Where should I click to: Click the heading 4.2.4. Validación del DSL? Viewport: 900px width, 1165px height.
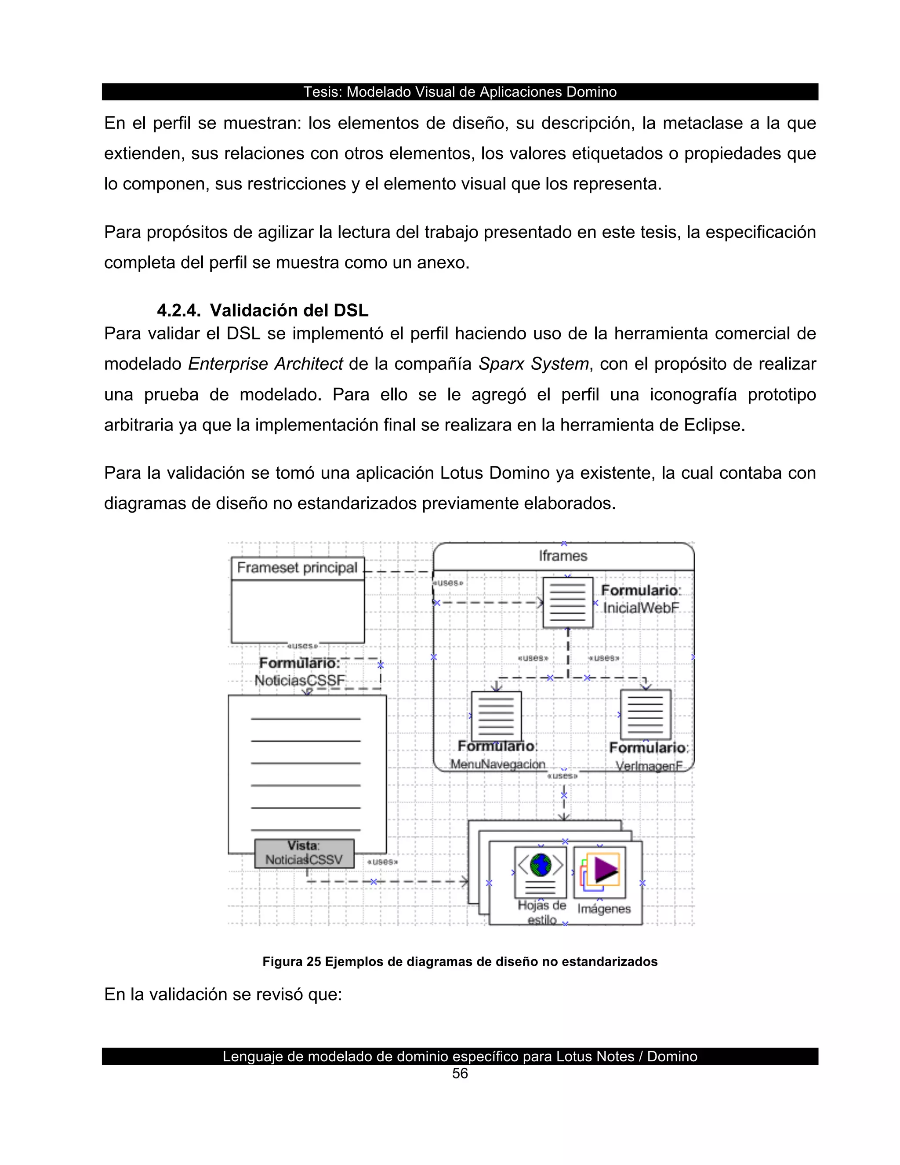(262, 310)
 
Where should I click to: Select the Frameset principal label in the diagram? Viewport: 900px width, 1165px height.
(297, 568)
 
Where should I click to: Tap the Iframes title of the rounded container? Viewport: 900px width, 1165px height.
(563, 556)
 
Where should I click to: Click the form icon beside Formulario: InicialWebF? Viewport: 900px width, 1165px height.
(567, 602)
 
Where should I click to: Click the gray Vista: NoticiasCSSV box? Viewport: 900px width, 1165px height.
(304, 853)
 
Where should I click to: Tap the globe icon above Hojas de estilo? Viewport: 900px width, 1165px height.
(541, 865)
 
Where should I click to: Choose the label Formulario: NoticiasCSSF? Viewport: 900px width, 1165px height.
(300, 672)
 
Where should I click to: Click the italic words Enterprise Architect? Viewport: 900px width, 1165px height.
(265, 364)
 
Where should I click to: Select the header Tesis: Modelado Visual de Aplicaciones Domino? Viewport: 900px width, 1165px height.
(460, 92)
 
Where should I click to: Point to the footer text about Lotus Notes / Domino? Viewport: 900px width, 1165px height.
(460, 1056)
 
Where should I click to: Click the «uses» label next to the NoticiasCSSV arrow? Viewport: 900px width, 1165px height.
(382, 862)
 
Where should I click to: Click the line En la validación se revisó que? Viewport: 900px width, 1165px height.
(223, 994)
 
